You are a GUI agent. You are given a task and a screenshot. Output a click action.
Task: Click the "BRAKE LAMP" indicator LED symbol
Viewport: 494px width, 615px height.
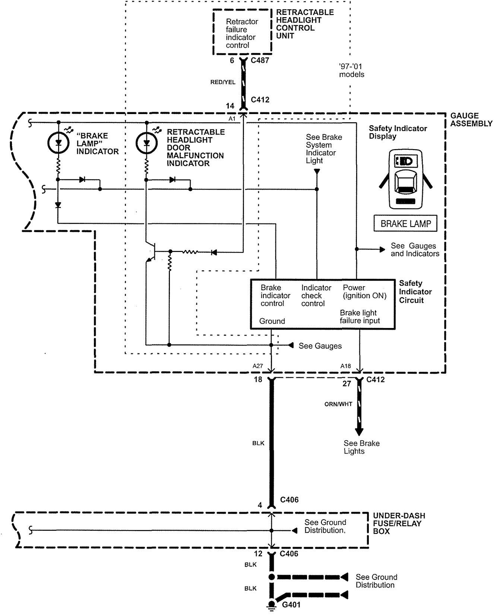click(58, 142)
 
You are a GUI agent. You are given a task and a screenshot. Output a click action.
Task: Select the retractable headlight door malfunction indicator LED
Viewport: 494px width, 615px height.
click(146, 142)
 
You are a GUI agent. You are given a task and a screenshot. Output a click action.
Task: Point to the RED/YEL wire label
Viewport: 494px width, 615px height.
click(223, 82)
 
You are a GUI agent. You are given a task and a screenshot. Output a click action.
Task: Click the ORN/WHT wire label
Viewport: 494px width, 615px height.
click(338, 404)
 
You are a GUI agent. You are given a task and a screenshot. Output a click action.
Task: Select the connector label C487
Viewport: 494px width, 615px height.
click(260, 60)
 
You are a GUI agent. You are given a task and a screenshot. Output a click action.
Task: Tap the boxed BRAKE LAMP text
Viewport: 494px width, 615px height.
click(405, 224)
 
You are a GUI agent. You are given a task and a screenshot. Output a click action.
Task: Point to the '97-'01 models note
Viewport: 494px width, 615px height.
click(351, 70)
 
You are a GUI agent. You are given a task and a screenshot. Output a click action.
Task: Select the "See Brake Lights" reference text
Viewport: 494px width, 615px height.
click(361, 447)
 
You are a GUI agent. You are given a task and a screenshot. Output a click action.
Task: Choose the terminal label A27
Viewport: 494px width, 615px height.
click(258, 366)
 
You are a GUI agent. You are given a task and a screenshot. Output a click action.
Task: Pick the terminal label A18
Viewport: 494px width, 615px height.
click(346, 366)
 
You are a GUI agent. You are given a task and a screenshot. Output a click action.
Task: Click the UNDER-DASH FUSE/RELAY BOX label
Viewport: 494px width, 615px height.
click(399, 523)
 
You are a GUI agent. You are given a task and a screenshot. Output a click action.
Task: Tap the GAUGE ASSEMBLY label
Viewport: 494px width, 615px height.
click(471, 120)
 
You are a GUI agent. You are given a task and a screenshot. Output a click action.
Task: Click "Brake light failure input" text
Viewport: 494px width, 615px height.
click(360, 317)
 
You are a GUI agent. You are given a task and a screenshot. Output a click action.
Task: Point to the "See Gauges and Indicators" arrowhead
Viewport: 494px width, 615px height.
click(382, 249)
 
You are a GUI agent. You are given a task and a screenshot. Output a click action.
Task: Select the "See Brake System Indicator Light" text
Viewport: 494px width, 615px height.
click(324, 149)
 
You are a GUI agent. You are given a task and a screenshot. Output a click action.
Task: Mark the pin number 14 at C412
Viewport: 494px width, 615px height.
click(230, 106)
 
